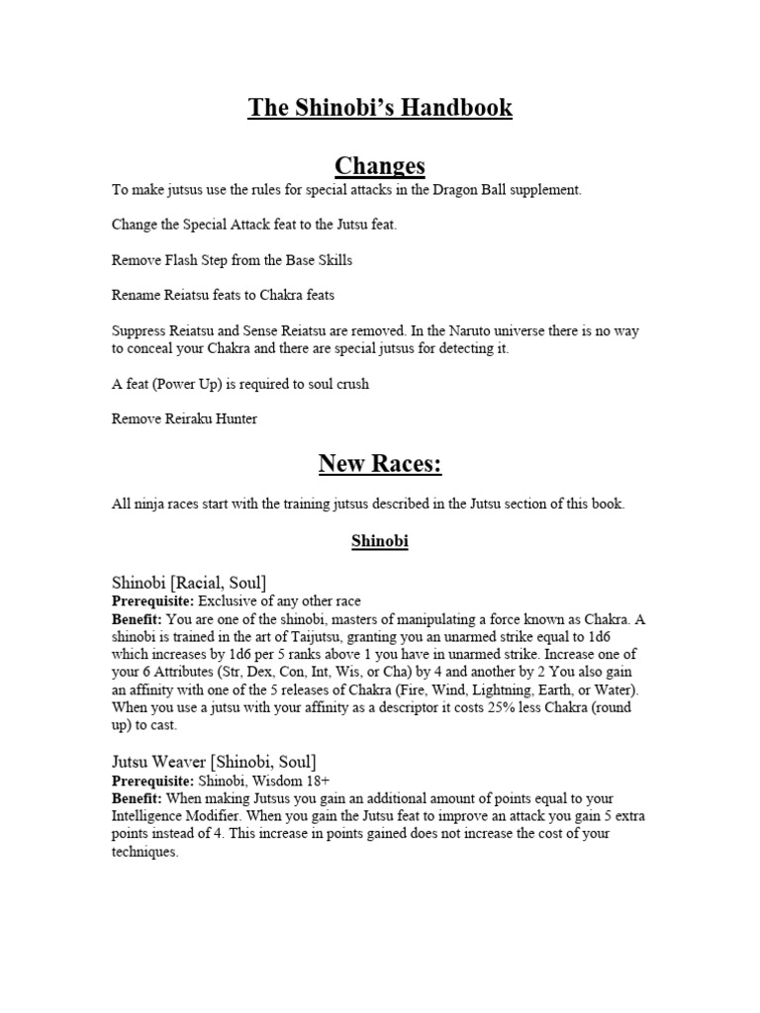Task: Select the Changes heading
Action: pos(380,164)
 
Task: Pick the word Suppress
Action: pos(140,330)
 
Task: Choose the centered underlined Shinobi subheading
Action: pos(380,542)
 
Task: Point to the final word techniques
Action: pos(144,852)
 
